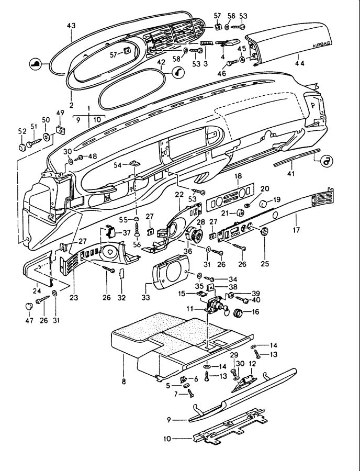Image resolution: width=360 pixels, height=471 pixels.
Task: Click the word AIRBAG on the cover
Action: coord(321,44)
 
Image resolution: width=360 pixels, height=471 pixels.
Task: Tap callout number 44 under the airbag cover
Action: coord(299,63)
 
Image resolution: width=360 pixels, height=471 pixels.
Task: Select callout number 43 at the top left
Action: coord(71,26)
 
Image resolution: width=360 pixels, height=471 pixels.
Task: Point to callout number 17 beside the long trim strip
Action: coord(296,230)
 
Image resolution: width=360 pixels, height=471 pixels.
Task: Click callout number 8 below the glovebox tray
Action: coord(123,382)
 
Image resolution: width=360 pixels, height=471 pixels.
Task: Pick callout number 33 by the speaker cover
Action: coord(145,298)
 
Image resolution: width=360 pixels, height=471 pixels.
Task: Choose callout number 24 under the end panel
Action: coord(37,291)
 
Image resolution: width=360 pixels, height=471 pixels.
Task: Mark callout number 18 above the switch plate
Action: coord(238,176)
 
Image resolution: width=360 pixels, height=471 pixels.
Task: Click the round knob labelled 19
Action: coord(263,204)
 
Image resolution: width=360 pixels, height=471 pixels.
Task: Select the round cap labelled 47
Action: coord(29,306)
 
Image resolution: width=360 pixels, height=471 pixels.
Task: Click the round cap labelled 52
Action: coord(22,148)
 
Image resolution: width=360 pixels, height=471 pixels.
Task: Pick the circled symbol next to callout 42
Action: coord(178,72)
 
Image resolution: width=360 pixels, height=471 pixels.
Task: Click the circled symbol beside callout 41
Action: coord(327,162)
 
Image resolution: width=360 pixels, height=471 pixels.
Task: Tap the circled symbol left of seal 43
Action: coord(35,64)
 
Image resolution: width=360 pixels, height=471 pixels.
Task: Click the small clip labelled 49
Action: coord(61,130)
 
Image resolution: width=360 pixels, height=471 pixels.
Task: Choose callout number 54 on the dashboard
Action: coord(118,165)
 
